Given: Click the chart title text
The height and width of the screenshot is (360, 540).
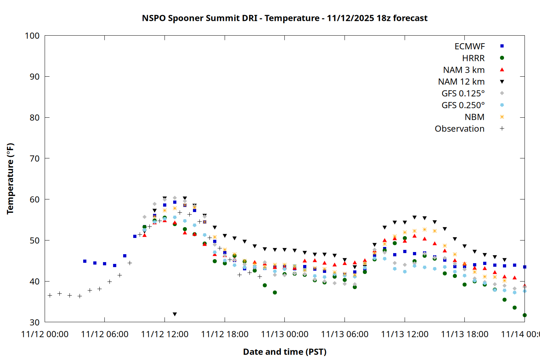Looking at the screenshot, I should pyautogui.click(x=284, y=18).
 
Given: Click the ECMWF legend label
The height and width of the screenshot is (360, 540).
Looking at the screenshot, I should pyautogui.click(x=469, y=46).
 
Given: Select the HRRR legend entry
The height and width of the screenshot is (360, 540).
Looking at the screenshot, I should pyautogui.click(x=473, y=58).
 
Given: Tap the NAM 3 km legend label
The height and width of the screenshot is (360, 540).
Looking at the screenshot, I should pyautogui.click(x=464, y=70).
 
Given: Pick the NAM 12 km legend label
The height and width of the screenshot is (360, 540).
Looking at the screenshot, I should pyautogui.click(x=461, y=82).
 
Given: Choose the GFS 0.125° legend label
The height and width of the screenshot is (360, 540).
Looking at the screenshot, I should pyautogui.click(x=463, y=94).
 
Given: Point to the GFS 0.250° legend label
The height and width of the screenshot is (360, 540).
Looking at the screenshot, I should pyautogui.click(x=463, y=105).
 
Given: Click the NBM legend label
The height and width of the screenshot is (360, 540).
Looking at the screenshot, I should pyautogui.click(x=474, y=117).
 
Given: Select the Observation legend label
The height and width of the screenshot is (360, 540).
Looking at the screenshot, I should pyautogui.click(x=459, y=129).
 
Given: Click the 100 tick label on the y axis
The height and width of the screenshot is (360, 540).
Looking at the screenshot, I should pyautogui.click(x=32, y=36).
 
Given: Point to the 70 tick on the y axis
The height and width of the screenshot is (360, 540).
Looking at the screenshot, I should pyautogui.click(x=35, y=158).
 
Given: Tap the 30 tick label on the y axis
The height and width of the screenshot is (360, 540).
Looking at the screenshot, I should pyautogui.click(x=35, y=322).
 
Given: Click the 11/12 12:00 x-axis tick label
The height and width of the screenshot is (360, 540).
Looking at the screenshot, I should pyautogui.click(x=165, y=334).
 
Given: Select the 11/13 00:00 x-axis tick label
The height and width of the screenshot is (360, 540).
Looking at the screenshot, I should pyautogui.click(x=284, y=334).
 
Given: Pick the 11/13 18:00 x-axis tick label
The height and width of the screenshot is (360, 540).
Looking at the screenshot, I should pyautogui.click(x=464, y=334).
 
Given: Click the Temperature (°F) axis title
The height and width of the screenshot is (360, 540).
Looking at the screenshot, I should pyautogui.click(x=10, y=179).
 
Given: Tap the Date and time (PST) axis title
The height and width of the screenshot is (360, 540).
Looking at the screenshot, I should pyautogui.click(x=284, y=352).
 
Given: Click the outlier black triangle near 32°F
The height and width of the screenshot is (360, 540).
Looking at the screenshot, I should pyautogui.click(x=175, y=314).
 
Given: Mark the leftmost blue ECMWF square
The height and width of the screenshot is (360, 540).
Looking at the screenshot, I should pyautogui.click(x=85, y=261).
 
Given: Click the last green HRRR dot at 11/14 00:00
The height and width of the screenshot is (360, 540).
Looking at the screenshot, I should pyautogui.click(x=525, y=315).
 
